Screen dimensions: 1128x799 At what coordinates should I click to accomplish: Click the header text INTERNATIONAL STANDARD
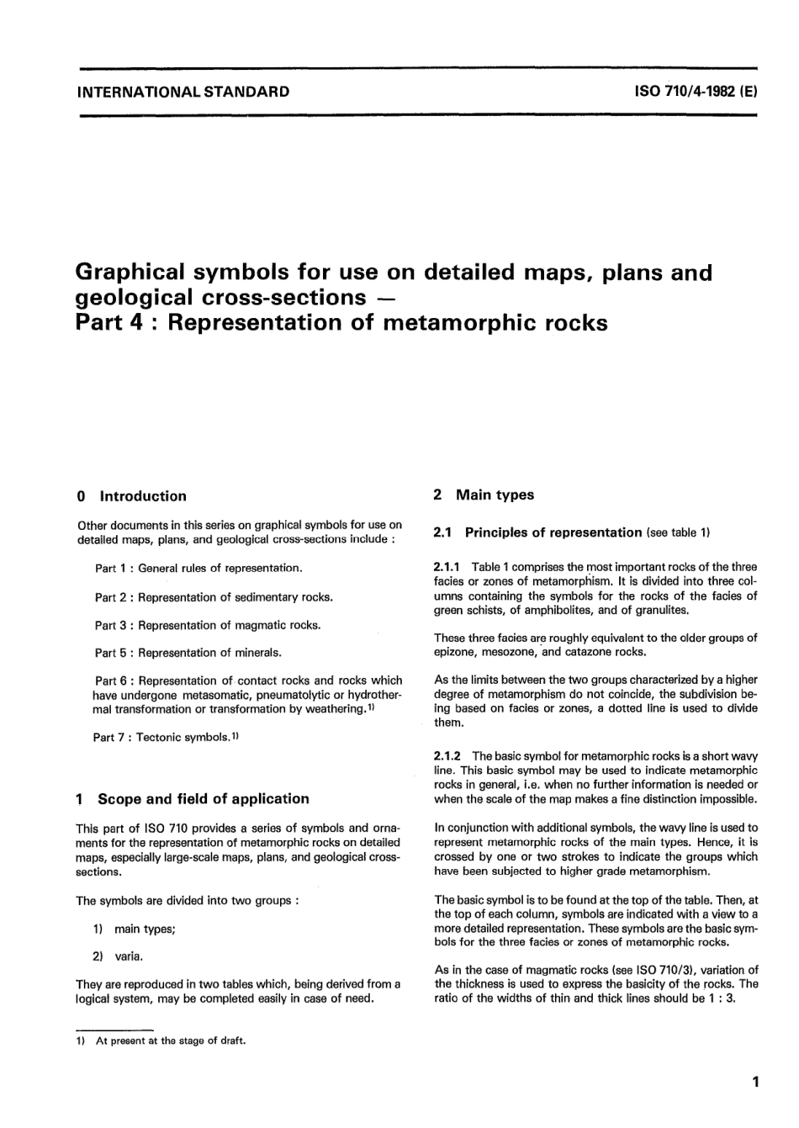(183, 92)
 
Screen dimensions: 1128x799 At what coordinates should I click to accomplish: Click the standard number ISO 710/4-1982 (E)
(696, 92)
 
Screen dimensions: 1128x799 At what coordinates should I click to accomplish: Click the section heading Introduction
(143, 496)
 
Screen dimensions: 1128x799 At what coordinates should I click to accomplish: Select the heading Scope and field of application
(203, 799)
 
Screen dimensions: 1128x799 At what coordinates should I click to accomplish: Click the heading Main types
(495, 495)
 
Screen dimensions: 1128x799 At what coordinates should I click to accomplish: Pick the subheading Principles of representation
(553, 532)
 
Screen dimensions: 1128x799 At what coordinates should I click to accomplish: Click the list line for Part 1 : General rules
(198, 569)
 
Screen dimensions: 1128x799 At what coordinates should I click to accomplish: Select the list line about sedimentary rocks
(214, 597)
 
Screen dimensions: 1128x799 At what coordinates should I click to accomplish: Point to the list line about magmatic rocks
(208, 625)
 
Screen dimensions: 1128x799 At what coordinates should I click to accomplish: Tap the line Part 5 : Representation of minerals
(188, 653)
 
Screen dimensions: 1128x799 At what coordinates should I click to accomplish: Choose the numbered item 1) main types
(135, 929)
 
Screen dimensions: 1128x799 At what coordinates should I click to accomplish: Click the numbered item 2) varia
(119, 956)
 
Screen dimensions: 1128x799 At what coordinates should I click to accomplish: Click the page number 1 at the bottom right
(755, 1083)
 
